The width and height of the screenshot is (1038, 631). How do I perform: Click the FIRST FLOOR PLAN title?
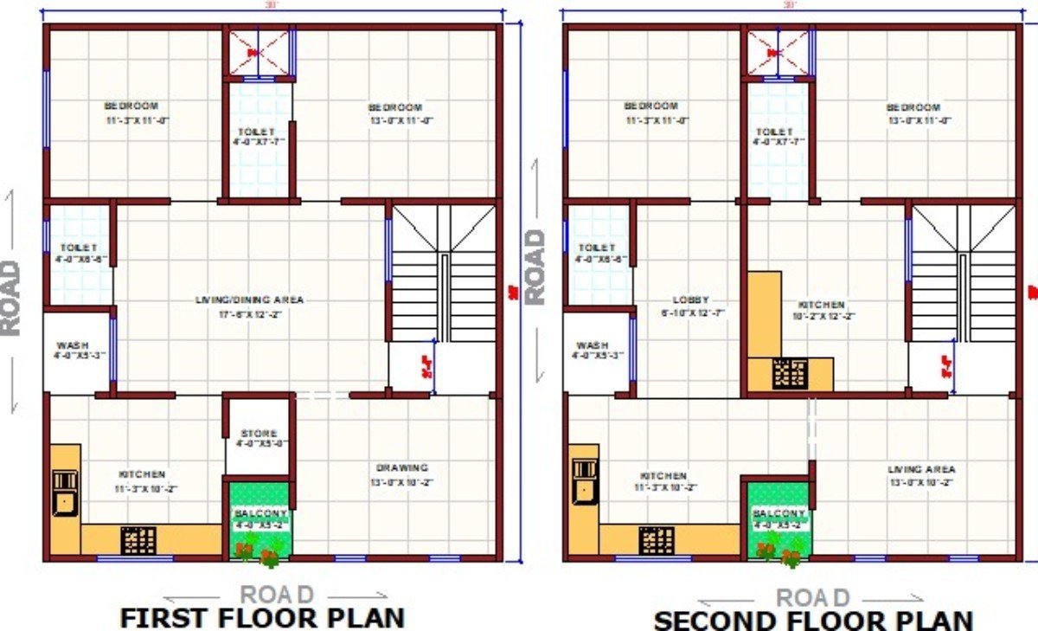[261, 617]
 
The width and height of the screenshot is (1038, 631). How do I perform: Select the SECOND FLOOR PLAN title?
[812, 620]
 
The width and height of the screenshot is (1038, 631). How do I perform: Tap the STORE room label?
[259, 434]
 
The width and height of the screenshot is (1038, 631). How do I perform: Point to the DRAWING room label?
[401, 467]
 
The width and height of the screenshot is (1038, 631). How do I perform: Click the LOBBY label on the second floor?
[689, 299]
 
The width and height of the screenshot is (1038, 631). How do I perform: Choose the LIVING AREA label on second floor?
[921, 469]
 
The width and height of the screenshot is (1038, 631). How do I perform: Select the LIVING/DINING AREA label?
[249, 299]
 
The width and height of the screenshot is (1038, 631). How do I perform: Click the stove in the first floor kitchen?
[138, 540]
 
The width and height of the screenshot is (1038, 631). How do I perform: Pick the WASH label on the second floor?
[592, 344]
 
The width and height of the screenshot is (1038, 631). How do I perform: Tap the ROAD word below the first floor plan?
[276, 596]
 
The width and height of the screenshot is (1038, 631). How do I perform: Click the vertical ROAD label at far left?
[10, 298]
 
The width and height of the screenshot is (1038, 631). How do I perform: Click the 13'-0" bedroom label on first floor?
[400, 107]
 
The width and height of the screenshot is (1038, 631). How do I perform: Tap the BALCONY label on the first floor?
[259, 513]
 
